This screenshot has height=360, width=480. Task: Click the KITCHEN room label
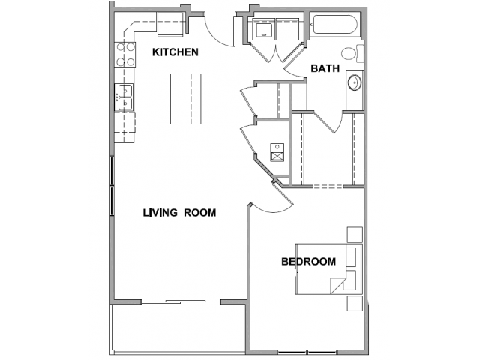pyautogui.click(x=175, y=52)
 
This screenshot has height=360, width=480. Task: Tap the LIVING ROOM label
pyautogui.click(x=180, y=212)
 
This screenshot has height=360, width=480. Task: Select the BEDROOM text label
pyautogui.click(x=308, y=262)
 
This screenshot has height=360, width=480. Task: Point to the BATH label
pyautogui.click(x=325, y=68)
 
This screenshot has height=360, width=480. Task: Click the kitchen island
pyautogui.click(x=186, y=99)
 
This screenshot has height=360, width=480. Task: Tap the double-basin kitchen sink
pyautogui.click(x=124, y=97)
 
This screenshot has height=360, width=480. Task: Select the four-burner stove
pyautogui.click(x=125, y=55)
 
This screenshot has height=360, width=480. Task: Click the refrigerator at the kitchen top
pyautogui.click(x=170, y=25)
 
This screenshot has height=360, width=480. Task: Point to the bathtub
pyautogui.click(x=336, y=25)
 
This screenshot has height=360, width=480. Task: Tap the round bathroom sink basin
pyautogui.click(x=355, y=82)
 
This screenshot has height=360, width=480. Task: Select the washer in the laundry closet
pyautogui.click(x=263, y=29)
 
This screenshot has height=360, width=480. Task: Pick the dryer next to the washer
pyautogui.click(x=287, y=29)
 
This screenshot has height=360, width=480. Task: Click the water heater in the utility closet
pyautogui.click(x=277, y=153)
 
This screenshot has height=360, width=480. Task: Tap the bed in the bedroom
pyautogui.click(x=328, y=269)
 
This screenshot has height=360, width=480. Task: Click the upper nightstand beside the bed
pyautogui.click(x=355, y=235)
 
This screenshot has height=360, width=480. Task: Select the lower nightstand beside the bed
pyautogui.click(x=355, y=303)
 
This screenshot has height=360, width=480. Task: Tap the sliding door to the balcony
pyautogui.click(x=173, y=301)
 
